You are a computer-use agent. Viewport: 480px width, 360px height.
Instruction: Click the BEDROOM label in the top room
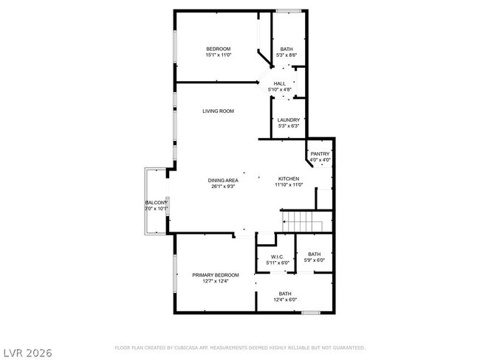218,49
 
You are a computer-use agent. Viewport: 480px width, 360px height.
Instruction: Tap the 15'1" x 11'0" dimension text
218,55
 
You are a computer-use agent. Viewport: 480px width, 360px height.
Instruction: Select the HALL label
279,84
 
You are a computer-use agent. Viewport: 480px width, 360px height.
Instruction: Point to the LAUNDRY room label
289,120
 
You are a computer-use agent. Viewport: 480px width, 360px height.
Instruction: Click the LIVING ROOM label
218,111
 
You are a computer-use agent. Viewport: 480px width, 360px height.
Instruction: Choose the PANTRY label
320,153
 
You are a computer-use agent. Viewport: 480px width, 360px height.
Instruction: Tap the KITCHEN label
288,179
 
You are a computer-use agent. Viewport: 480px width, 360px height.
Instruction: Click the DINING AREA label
222,180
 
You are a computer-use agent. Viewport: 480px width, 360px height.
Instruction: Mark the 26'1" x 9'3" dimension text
222,186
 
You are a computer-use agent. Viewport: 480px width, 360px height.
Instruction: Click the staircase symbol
302,220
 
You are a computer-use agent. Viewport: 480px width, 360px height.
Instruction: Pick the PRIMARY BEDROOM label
216,275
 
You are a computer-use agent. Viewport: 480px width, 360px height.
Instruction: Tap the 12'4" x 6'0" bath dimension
285,300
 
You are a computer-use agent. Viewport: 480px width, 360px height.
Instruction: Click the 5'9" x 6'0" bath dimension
315,260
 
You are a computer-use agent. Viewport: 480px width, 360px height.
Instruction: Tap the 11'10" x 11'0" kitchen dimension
288,185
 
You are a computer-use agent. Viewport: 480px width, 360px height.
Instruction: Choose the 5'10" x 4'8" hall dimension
279,90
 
